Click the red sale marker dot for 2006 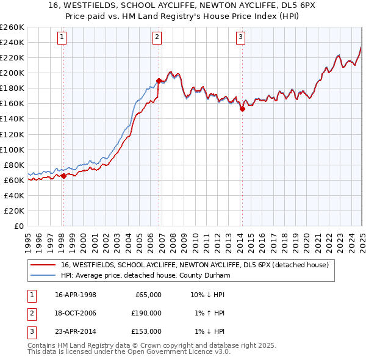pyautogui.click(x=159, y=81)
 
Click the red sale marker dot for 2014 pyautogui.click(x=242, y=109)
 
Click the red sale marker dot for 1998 pyautogui.click(x=63, y=176)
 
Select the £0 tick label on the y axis pyautogui.click(x=19, y=226)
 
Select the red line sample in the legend pyautogui.click(x=43, y=265)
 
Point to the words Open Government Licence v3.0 pyautogui.click(x=182, y=352)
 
